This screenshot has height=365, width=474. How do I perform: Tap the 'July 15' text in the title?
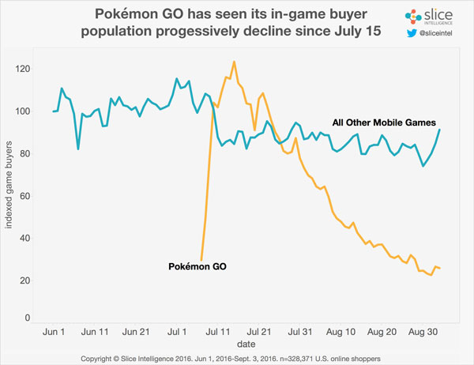tap(343, 32)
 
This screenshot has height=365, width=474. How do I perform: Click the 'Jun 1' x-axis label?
tap(53, 331)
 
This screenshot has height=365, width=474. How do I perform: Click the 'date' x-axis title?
tap(237, 344)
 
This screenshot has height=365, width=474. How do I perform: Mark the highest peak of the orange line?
tap(234, 62)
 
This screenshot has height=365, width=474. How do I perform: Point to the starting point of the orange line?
tap(201, 259)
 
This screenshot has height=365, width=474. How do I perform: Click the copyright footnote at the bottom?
tap(237, 359)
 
